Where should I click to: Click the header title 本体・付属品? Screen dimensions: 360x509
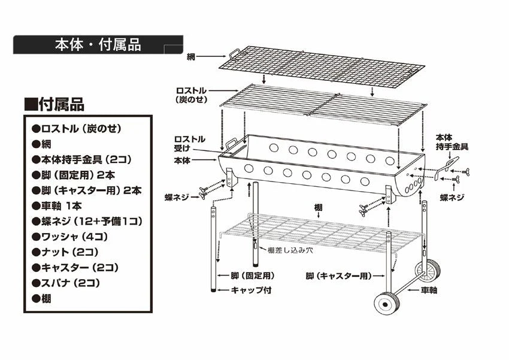pos(98,45)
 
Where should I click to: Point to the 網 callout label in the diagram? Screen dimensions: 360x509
pos(190,56)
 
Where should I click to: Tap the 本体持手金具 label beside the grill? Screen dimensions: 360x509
pos(452,141)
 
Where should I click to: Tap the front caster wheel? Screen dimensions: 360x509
pos(387,304)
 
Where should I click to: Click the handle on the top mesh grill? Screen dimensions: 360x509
pos(234,55)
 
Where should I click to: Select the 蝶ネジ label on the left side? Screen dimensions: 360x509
pos(177,196)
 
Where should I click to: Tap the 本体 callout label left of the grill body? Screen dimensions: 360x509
pos(183,161)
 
